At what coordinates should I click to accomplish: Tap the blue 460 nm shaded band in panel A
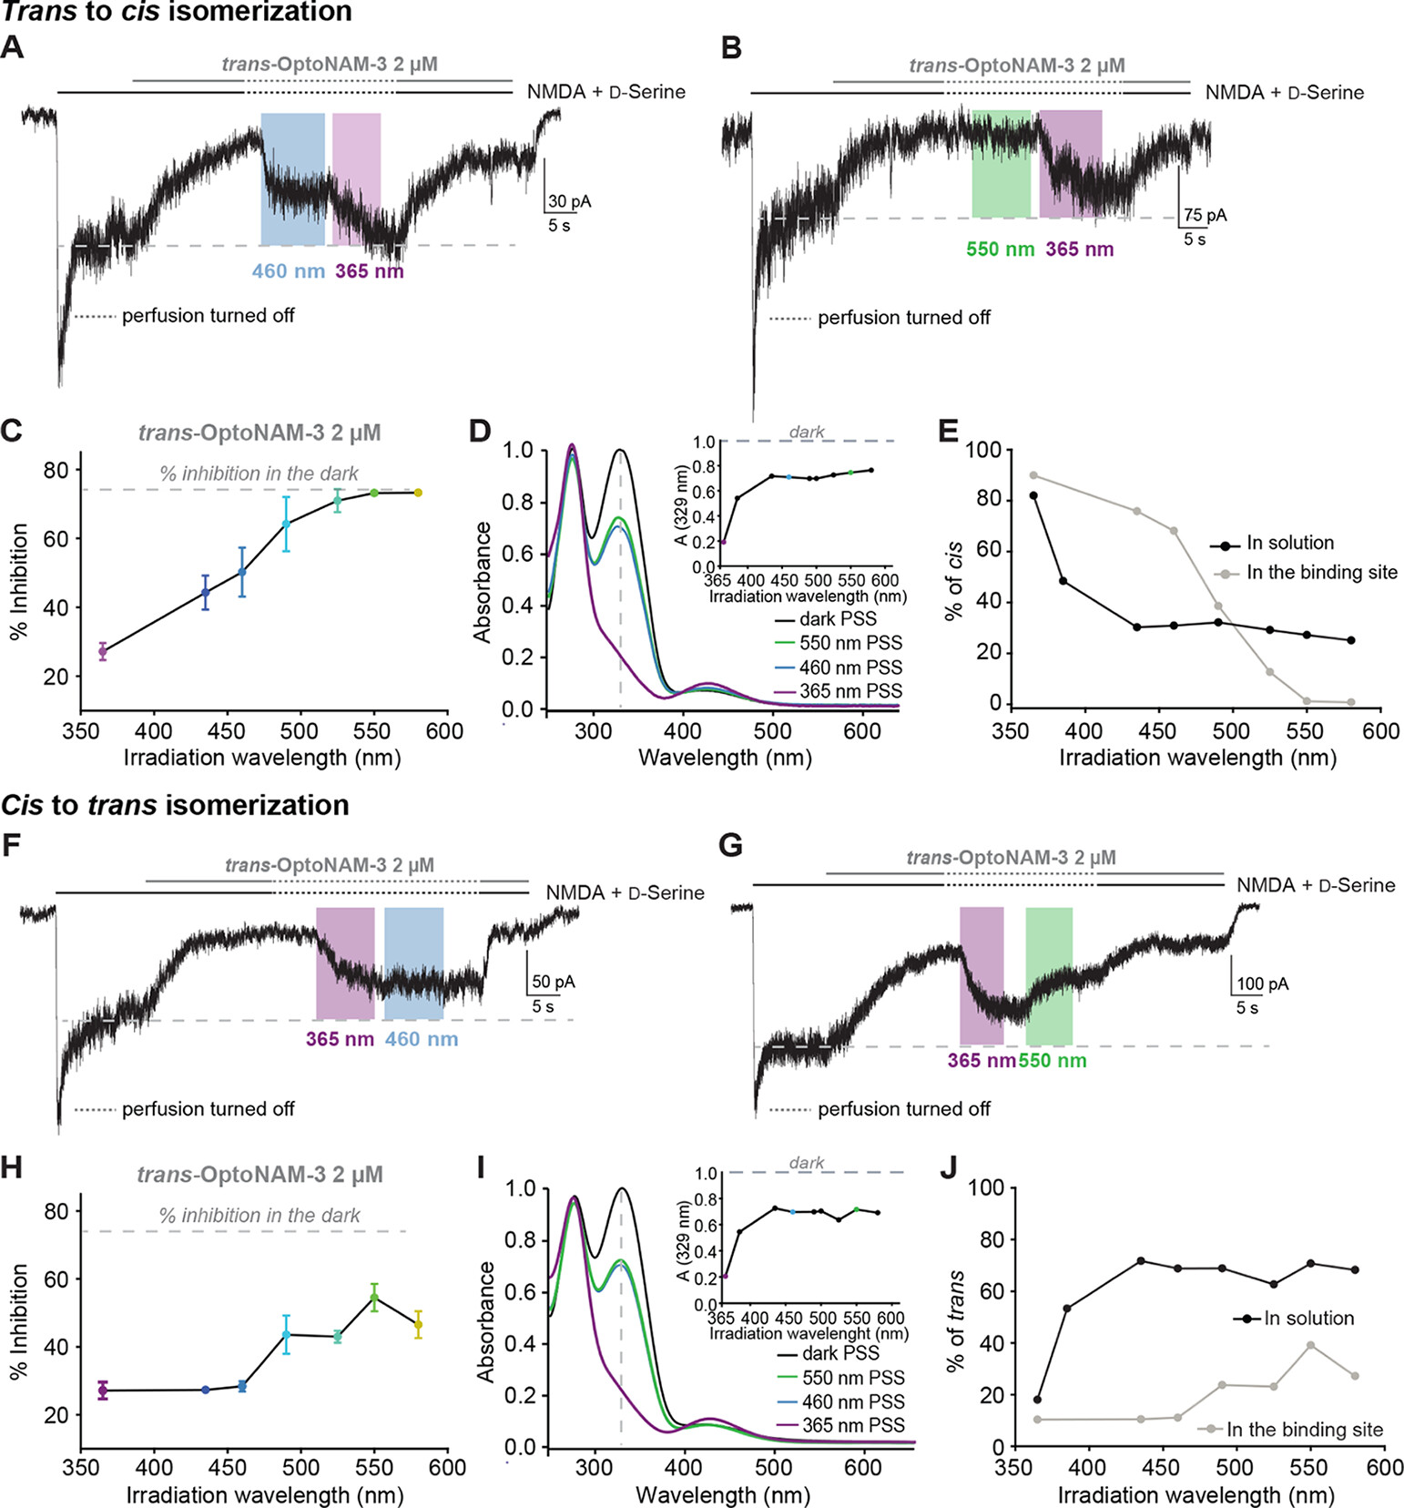click(x=292, y=179)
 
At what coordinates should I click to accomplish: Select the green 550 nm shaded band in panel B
click(x=1001, y=164)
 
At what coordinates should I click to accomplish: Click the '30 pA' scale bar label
click(x=569, y=201)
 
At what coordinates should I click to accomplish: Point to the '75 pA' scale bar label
click(x=1205, y=216)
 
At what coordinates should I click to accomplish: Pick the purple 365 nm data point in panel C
click(x=103, y=651)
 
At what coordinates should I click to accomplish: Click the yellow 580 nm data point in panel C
click(x=418, y=493)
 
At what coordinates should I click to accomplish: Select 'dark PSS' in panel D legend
click(x=838, y=619)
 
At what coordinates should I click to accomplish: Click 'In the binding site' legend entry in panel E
click(x=1321, y=573)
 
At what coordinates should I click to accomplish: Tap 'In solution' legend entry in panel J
click(x=1308, y=1318)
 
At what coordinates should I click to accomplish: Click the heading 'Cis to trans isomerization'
click(x=175, y=805)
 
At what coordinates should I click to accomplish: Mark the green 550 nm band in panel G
click(x=1049, y=976)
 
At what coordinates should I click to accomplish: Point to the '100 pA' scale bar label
click(x=1262, y=984)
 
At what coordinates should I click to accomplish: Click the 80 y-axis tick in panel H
click(x=56, y=1211)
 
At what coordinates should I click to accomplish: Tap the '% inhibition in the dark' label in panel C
click(x=259, y=474)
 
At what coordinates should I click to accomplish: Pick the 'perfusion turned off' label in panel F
click(x=208, y=1109)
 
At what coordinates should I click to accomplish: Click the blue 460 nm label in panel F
click(x=422, y=1039)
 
